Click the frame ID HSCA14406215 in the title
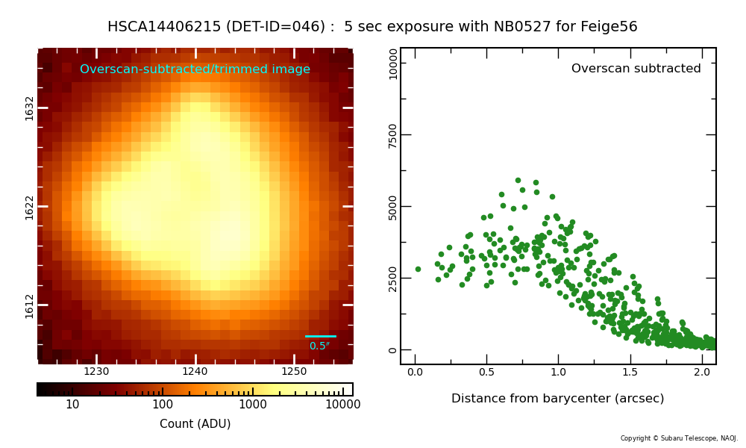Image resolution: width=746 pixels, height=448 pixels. pyautogui.click(x=164, y=26)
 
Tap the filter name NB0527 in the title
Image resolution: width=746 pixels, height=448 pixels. pyautogui.click(x=522, y=26)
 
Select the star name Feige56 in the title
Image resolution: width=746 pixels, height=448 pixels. pyautogui.click(x=609, y=27)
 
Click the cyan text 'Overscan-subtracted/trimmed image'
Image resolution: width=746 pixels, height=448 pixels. pyautogui.click(x=195, y=69)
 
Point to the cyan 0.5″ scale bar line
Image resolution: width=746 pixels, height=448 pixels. pyautogui.click(x=321, y=337)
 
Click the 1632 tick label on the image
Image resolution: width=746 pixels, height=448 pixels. pyautogui.click(x=30, y=108)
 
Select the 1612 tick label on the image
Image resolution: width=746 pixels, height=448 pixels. pyautogui.click(x=30, y=306)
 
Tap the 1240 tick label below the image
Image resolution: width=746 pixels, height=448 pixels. pyautogui.click(x=195, y=371)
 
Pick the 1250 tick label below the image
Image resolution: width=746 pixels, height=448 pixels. pyautogui.click(x=294, y=371)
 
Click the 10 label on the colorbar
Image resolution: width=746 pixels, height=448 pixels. pyautogui.click(x=72, y=405)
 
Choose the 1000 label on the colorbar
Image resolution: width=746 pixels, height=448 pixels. pyautogui.click(x=253, y=405)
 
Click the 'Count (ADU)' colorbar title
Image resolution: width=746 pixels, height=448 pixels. pyautogui.click(x=195, y=423)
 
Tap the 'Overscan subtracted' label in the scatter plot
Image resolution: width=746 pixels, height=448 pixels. pyautogui.click(x=636, y=69)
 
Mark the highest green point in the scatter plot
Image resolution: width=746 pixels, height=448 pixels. pyautogui.click(x=518, y=181)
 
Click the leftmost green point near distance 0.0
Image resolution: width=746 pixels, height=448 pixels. pyautogui.click(x=419, y=270)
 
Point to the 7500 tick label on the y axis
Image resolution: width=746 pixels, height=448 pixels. pyautogui.click(x=392, y=135)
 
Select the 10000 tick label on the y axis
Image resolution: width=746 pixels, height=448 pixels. pyautogui.click(x=392, y=63)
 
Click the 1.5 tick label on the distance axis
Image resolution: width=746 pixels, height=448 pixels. pyautogui.click(x=630, y=372)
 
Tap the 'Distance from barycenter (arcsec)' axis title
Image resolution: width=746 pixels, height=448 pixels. pyautogui.click(x=557, y=399)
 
